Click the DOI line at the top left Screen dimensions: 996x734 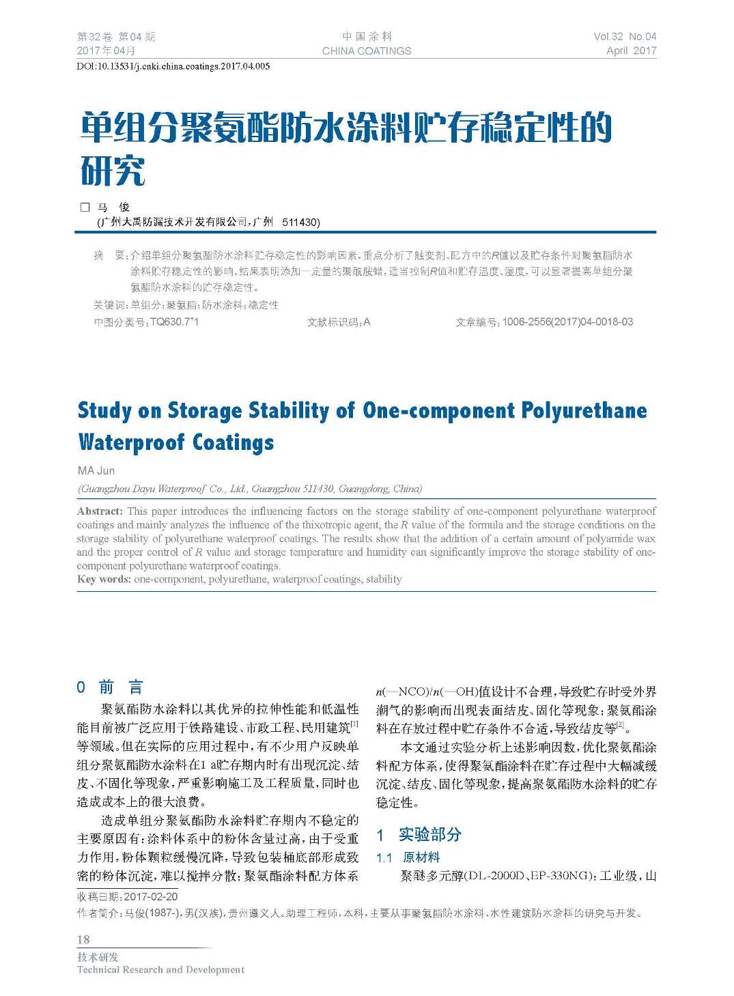click(173, 66)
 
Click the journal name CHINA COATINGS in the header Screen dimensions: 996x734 click(367, 51)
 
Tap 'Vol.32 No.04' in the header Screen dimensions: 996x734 click(625, 37)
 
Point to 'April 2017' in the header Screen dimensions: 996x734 click(631, 51)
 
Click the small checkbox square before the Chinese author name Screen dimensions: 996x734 click(85, 207)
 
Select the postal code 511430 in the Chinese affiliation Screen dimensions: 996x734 click(300, 222)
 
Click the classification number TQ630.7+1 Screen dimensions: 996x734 click(174, 322)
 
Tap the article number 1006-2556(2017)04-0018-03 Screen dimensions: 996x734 click(567, 322)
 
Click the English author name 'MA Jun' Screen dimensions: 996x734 click(96, 470)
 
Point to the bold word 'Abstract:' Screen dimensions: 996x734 click(100, 511)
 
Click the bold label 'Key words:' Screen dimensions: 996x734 click(104, 579)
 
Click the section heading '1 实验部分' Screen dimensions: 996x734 click(419, 834)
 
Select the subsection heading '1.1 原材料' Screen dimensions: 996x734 click(408, 857)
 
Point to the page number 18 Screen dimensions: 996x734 click(83, 939)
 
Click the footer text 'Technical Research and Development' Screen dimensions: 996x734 click(160, 969)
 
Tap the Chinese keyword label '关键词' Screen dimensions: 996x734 click(109, 305)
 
